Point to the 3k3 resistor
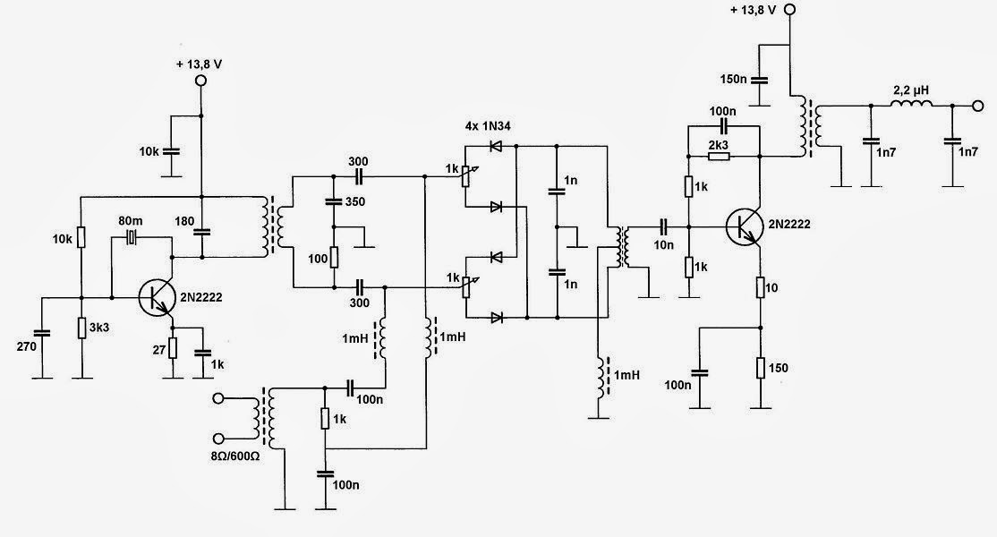[x=81, y=328]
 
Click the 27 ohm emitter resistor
[x=174, y=348]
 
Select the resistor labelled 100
[x=333, y=258]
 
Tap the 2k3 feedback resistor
[x=718, y=156]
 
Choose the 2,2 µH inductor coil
[x=911, y=105]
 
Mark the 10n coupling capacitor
[x=664, y=226]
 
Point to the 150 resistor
[x=759, y=368]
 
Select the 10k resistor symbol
[x=81, y=236]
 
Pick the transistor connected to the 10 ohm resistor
[x=743, y=226]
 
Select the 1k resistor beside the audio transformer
[x=324, y=418]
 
